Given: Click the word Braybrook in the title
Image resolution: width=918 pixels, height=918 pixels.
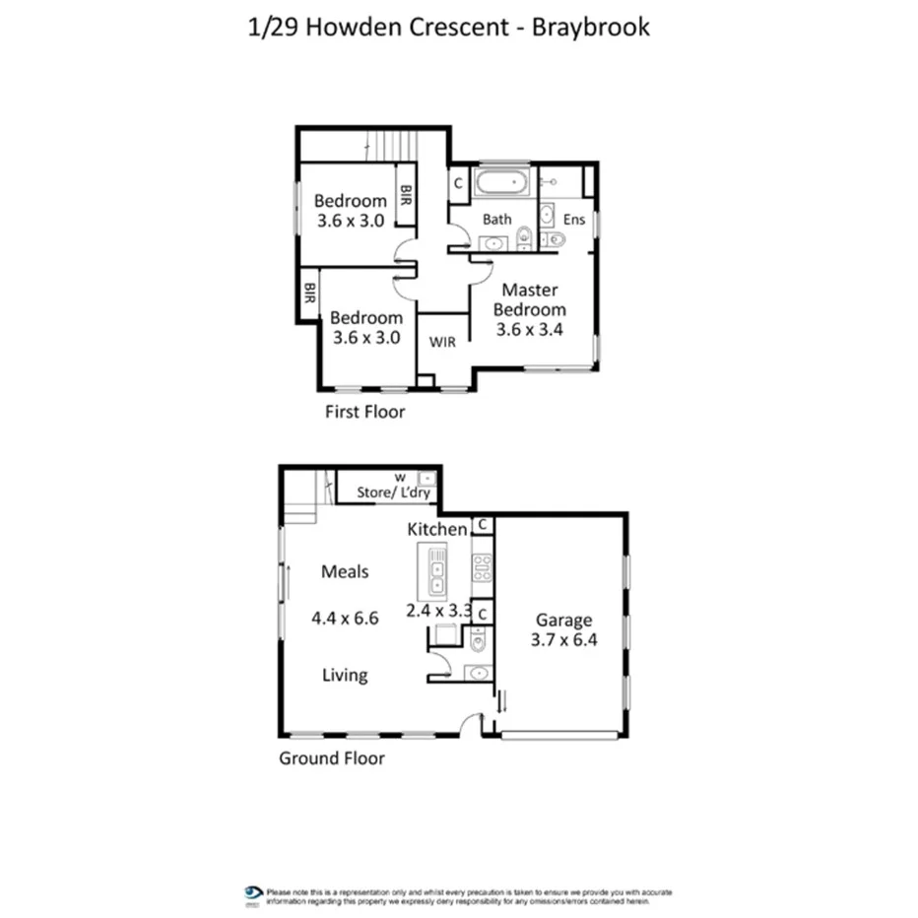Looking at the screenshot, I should (x=591, y=27).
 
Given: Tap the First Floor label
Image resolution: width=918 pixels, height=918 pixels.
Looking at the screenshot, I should (x=364, y=412).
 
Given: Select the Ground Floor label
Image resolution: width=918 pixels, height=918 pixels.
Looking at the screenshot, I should (x=332, y=757).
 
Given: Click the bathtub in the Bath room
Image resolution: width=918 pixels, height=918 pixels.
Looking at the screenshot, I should (x=502, y=184).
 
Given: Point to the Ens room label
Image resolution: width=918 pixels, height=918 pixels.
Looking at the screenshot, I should (x=573, y=220).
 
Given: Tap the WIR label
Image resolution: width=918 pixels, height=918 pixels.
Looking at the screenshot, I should (x=442, y=342).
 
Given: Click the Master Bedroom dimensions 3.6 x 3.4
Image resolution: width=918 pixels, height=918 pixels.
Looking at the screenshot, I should (x=529, y=329).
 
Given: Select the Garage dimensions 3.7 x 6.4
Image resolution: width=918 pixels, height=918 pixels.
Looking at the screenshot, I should (x=564, y=638).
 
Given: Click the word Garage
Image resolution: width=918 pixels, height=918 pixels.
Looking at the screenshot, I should (x=563, y=620).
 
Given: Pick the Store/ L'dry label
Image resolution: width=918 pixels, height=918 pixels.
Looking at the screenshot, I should (x=392, y=494).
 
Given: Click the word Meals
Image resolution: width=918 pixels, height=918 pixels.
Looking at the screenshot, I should (x=345, y=571).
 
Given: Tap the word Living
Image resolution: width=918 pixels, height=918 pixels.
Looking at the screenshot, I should (x=345, y=675).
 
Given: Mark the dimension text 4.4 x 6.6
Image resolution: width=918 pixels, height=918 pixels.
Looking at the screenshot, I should (x=345, y=619).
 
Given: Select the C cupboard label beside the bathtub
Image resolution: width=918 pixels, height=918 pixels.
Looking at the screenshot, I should (x=458, y=183).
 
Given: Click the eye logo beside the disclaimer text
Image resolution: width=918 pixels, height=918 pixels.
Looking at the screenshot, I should (x=253, y=892).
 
